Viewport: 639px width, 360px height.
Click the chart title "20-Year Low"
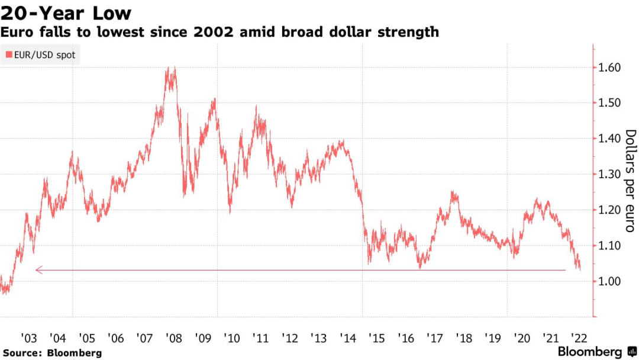[66, 13]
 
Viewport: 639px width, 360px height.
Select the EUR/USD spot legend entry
[41, 56]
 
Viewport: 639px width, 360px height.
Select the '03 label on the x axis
[28, 338]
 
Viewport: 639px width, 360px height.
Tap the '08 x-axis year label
[174, 338]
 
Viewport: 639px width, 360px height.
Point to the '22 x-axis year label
[580, 338]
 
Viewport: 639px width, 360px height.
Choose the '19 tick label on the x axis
[493, 338]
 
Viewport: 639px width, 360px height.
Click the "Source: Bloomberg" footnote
[51, 353]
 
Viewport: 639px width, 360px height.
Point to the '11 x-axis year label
[261, 338]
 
